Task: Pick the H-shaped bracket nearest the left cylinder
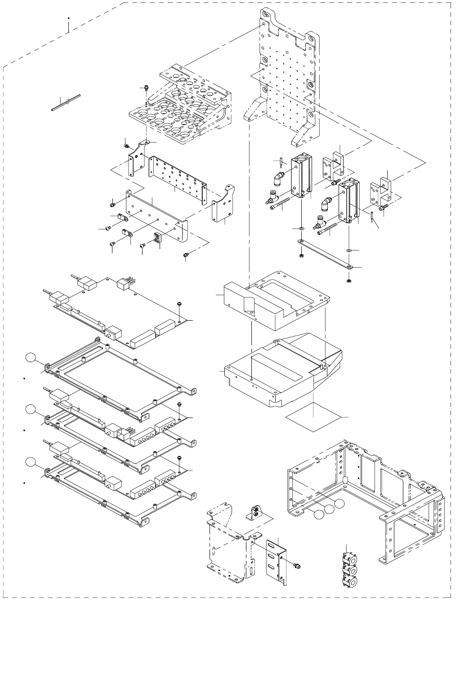pyautogui.click(x=333, y=166)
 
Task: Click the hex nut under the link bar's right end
pyautogui.click(x=349, y=281)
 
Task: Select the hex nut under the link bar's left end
pyautogui.click(x=301, y=256)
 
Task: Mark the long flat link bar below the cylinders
pyautogui.click(x=325, y=255)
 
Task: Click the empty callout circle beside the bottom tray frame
pyautogui.click(x=30, y=462)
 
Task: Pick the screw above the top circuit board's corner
pyautogui.click(x=179, y=305)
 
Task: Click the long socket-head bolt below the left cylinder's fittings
pyautogui.click(x=281, y=204)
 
